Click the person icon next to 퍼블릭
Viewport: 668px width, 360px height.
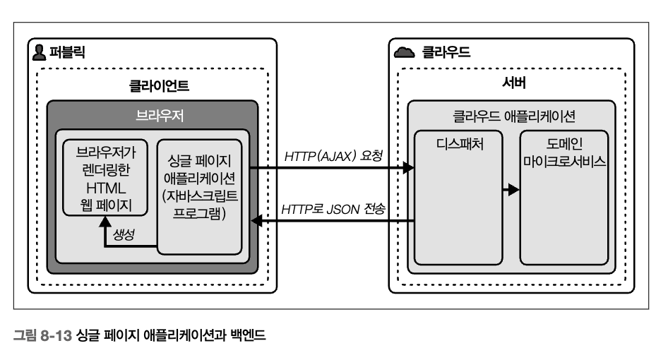40,52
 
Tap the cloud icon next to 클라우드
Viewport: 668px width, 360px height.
404,52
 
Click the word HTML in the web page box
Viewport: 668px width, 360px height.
105,188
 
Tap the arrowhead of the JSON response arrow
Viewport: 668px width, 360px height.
258,223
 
